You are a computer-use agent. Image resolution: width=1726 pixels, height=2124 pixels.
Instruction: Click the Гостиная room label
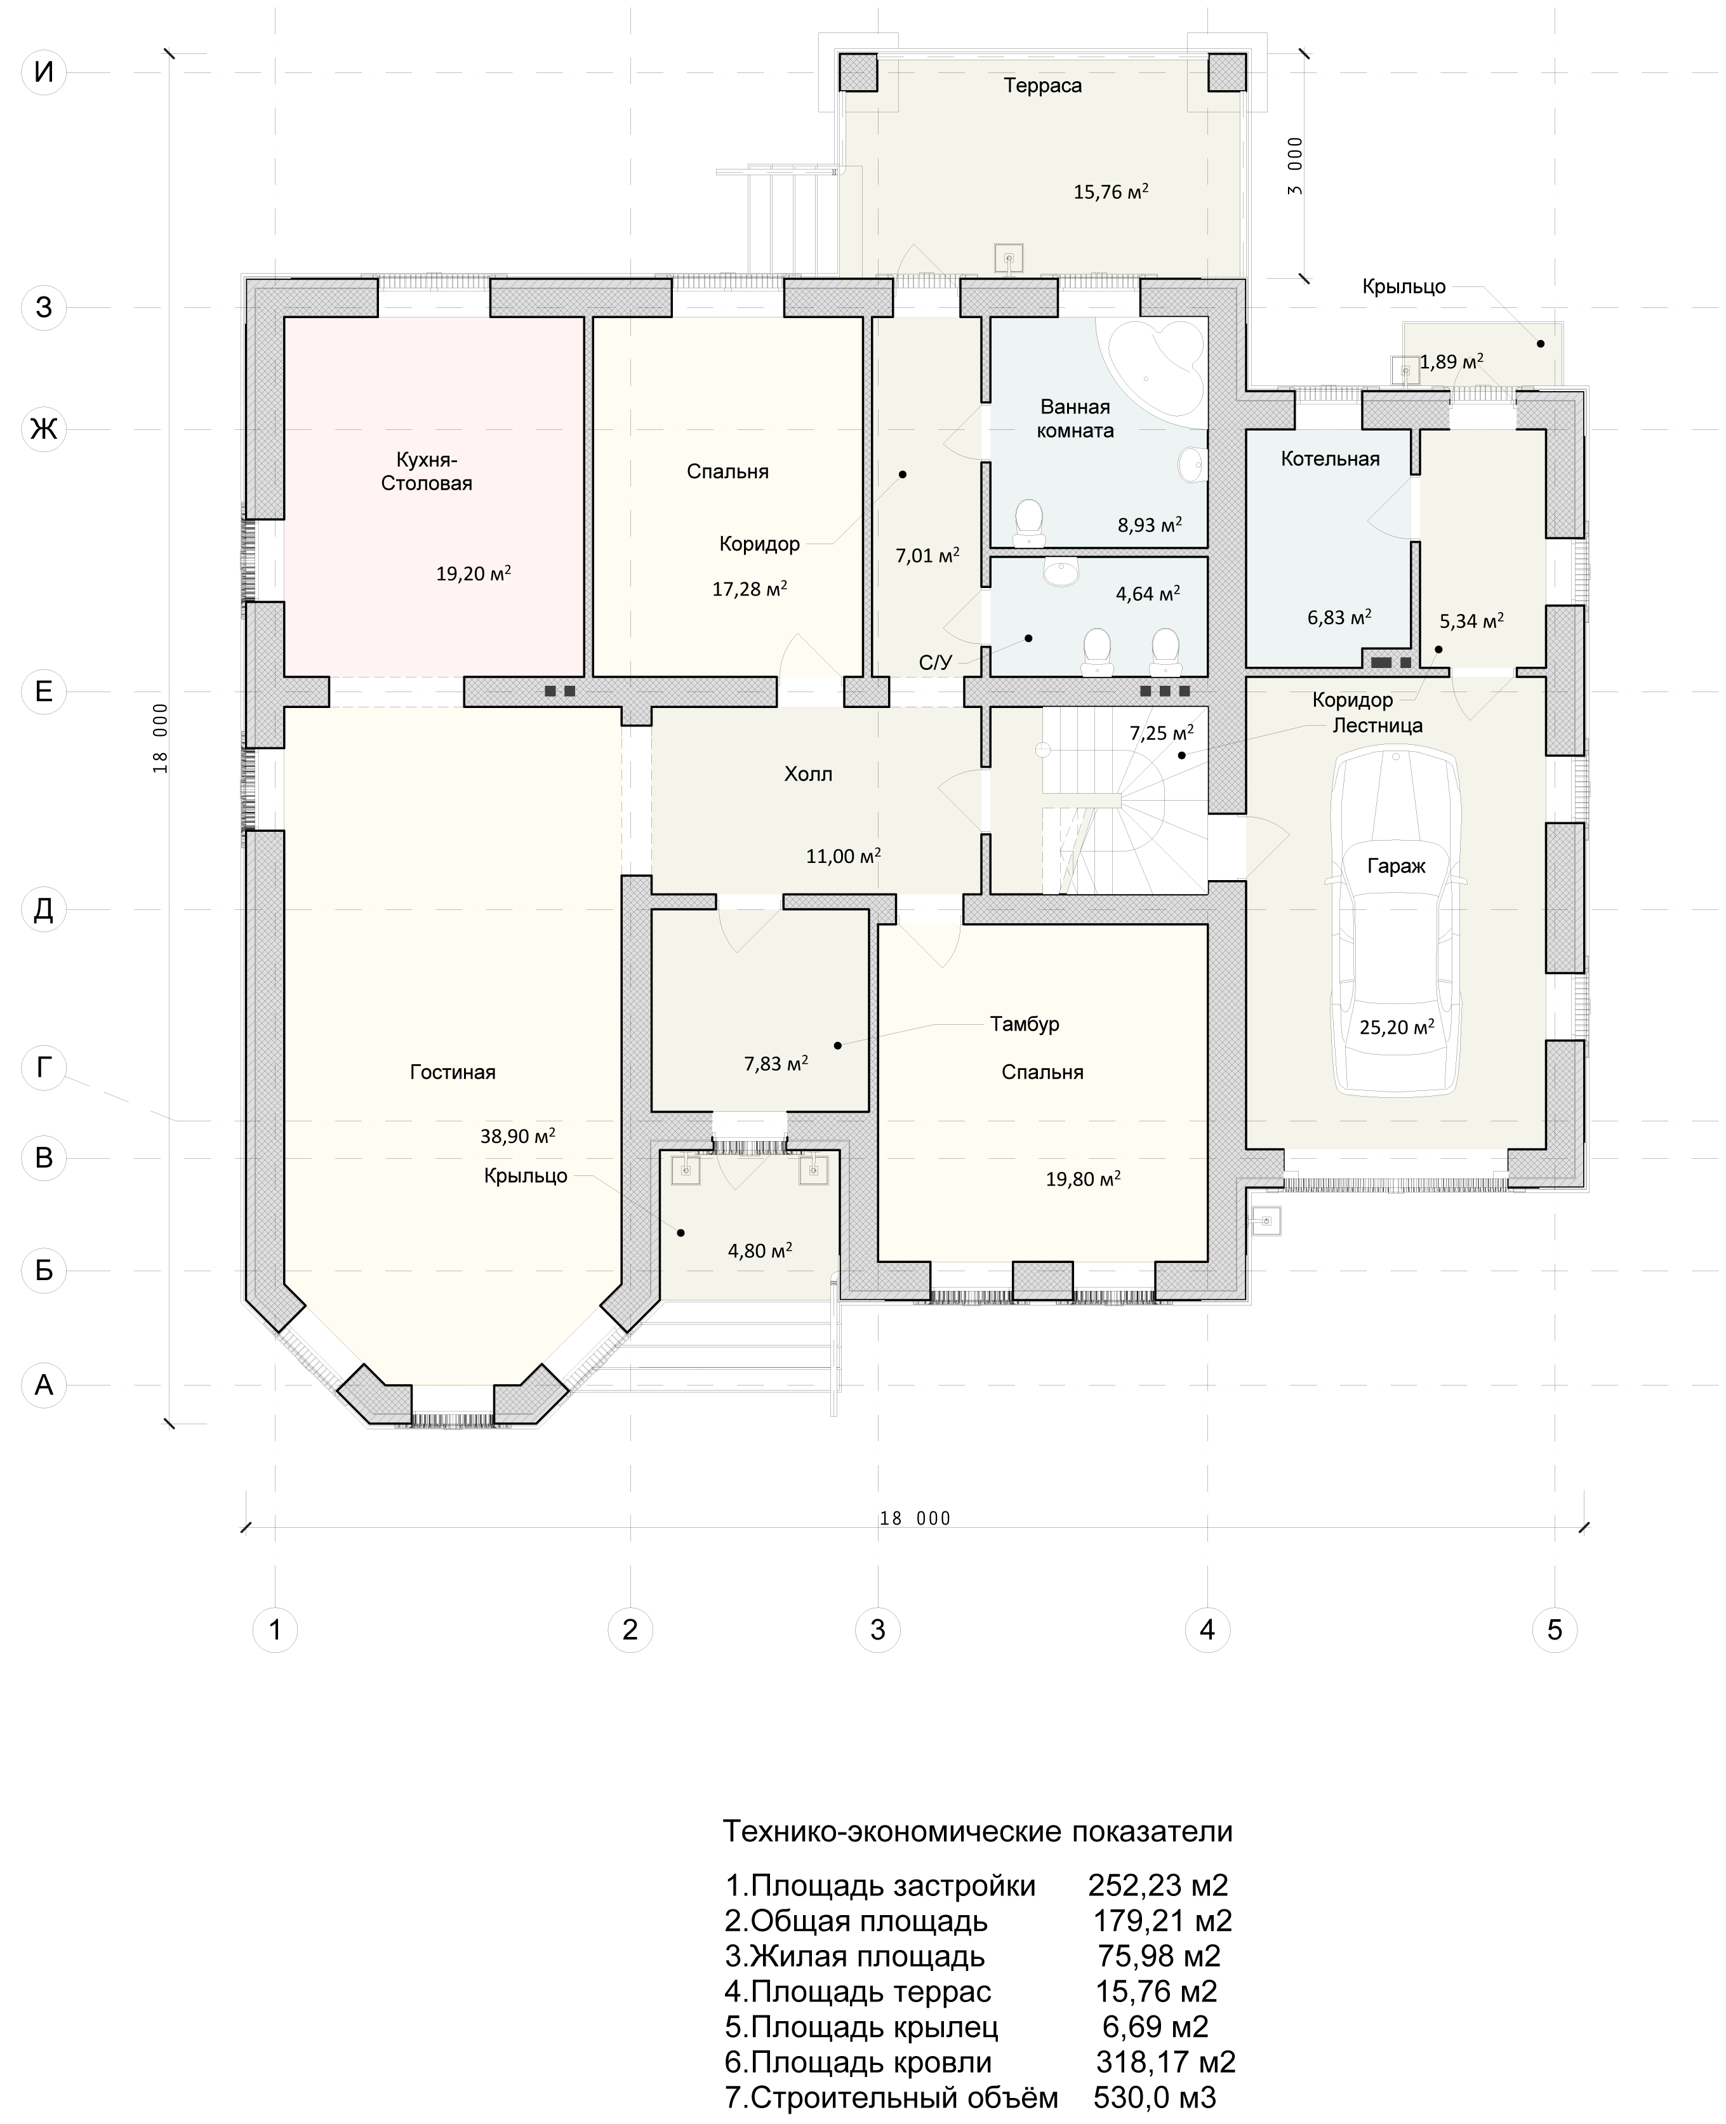[453, 1072]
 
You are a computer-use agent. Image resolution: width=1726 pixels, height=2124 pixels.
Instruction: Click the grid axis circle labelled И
[44, 72]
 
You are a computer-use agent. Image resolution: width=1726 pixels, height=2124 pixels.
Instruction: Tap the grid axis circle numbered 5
[1555, 1630]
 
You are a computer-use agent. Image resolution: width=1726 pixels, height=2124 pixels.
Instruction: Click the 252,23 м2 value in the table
[1158, 1885]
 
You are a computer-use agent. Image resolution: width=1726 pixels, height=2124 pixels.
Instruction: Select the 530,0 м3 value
[1155, 2098]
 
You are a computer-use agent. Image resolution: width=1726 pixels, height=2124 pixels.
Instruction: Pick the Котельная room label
[1331, 459]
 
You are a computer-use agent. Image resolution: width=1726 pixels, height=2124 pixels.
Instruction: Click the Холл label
[808, 773]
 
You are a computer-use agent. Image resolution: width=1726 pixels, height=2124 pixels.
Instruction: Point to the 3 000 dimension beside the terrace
[1294, 167]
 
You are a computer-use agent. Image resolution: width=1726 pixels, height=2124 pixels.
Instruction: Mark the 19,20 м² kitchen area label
[474, 574]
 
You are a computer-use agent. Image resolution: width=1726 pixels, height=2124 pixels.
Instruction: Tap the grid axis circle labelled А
[44, 1385]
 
